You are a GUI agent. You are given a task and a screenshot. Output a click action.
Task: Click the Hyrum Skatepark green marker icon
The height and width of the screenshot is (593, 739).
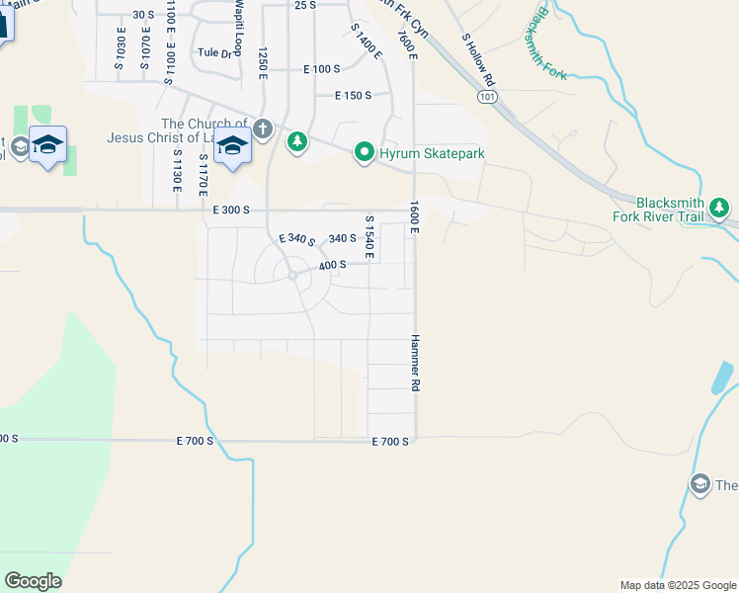(364, 152)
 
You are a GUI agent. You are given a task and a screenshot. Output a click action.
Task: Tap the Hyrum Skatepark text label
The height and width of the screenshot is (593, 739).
(421, 153)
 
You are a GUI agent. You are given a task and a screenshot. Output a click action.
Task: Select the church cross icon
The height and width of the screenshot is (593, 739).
(263, 127)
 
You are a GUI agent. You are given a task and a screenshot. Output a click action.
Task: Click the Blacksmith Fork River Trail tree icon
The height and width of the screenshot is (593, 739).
(720, 207)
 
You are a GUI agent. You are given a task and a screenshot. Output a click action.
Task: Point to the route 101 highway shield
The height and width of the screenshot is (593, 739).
(485, 96)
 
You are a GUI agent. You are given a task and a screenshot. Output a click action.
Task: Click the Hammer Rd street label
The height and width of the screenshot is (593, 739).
(416, 363)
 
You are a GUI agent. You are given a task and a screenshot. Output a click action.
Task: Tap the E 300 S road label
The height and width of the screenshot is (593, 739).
(231, 211)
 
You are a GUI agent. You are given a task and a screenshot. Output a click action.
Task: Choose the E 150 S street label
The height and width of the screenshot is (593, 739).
(353, 96)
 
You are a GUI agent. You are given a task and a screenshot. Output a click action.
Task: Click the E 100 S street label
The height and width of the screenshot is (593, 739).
(321, 69)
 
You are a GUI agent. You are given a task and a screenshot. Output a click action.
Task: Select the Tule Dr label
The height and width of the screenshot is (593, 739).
(213, 52)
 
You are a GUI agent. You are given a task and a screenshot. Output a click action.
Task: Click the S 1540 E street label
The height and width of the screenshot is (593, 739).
(369, 237)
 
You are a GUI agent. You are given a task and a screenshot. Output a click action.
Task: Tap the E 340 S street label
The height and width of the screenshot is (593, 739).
(296, 240)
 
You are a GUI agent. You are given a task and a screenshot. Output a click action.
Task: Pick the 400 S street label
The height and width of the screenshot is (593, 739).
(333, 265)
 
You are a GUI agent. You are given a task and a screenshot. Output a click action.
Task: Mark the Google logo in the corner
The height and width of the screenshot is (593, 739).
(33, 581)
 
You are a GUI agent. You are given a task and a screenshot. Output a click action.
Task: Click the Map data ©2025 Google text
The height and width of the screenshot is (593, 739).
(677, 585)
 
